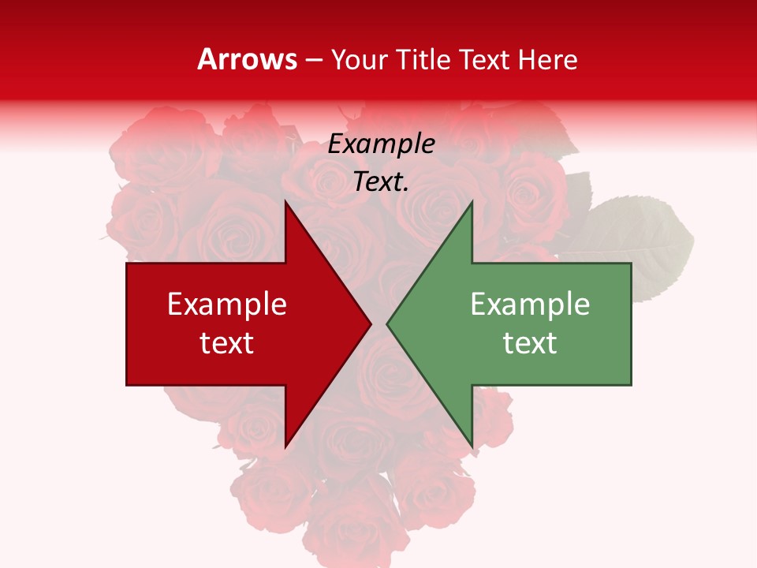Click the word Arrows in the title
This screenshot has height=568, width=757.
pyautogui.click(x=248, y=59)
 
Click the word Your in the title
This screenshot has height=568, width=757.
pyautogui.click(x=359, y=59)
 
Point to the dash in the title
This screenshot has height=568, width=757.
pyautogui.click(x=315, y=60)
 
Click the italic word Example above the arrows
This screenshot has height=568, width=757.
pyautogui.click(x=381, y=144)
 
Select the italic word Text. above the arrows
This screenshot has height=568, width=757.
pyautogui.click(x=381, y=182)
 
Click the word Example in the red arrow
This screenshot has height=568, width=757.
pyautogui.click(x=227, y=304)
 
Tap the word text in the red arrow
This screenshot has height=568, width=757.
pyautogui.click(x=227, y=342)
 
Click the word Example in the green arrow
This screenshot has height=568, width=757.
pyautogui.click(x=530, y=304)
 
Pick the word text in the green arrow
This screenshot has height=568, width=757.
pyautogui.click(x=530, y=342)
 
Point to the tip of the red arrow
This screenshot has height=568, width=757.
pyautogui.click(x=369, y=323)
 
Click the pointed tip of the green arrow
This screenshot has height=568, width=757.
pyautogui.click(x=388, y=323)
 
